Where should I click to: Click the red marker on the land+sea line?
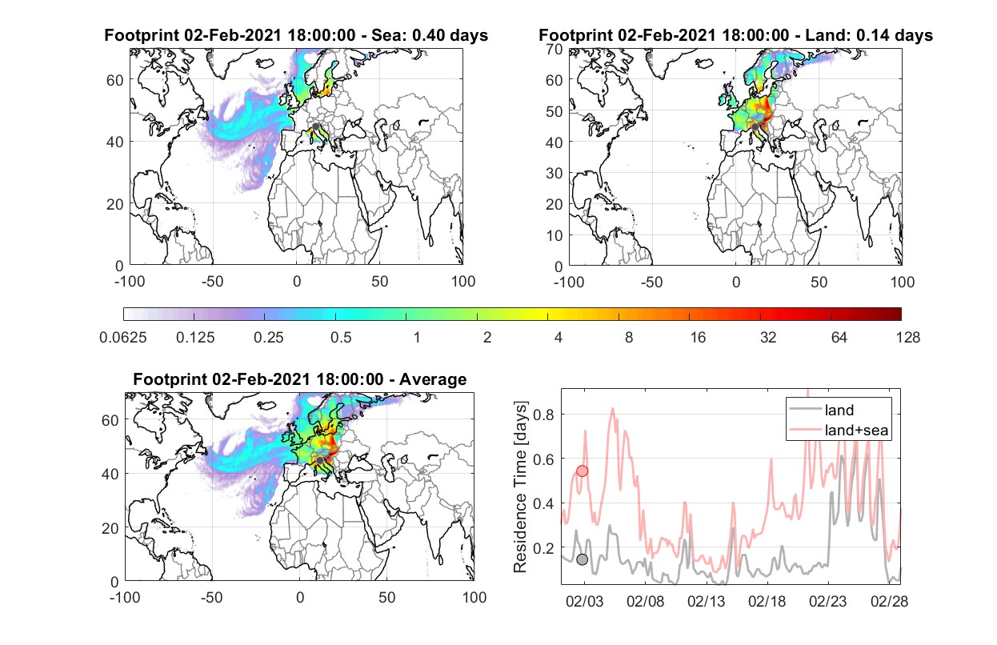pos(582,471)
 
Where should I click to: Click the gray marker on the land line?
pos(582,559)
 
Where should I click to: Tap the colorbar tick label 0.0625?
pos(123,338)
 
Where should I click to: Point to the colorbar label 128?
pos(908,338)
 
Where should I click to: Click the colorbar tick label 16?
pos(698,338)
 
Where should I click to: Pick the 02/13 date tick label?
pos(706,602)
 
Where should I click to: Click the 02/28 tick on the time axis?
pos(889,602)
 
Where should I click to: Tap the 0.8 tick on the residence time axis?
pos(543,415)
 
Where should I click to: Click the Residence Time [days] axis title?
pos(520,487)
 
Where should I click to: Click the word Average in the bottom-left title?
pos(433,379)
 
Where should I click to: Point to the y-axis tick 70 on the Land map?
pos(555,49)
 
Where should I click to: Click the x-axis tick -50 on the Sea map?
pos(212,282)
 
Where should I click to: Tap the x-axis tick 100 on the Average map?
pos(474,597)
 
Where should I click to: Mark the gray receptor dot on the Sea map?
pos(315,126)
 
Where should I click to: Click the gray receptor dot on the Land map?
pos(755,127)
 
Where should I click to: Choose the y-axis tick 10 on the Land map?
pos(555,235)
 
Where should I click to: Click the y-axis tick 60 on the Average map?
pos(110,420)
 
